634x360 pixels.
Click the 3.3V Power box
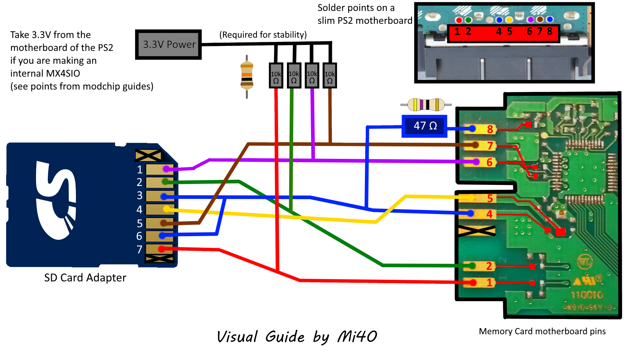tap(168, 45)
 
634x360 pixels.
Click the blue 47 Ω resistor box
tap(425, 126)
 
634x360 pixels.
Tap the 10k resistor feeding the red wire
tap(276, 76)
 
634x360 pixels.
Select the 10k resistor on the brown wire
tap(330, 76)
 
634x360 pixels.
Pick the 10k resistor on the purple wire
tap(312, 76)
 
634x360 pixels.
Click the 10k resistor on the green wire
tap(294, 76)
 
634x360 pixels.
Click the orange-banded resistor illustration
tap(247, 77)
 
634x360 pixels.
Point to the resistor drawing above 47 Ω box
tap(426, 105)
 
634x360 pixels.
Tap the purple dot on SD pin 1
tap(166, 169)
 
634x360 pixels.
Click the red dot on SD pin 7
tap(161, 249)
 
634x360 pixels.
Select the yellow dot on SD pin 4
tap(166, 209)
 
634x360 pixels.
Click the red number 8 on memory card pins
tap(490, 129)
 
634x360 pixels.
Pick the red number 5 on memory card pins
tap(490, 198)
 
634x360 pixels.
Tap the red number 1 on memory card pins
tap(489, 282)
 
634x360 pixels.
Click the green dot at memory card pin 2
tap(472, 266)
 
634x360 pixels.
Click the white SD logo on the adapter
tap(56, 200)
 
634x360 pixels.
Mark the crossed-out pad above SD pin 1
tap(148, 155)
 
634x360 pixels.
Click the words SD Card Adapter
tap(85, 278)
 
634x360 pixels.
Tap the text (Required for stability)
tap(263, 35)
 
